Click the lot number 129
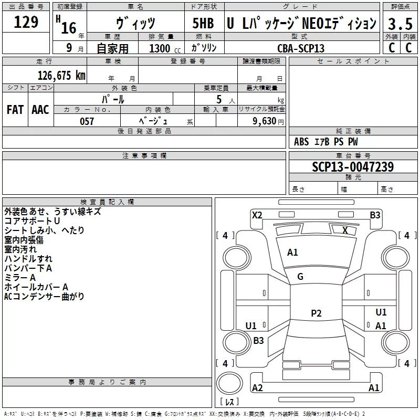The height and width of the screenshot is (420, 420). point(26,22)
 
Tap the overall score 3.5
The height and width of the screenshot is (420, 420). point(400,24)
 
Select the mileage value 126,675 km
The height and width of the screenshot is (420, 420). point(61,75)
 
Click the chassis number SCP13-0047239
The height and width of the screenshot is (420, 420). point(353,166)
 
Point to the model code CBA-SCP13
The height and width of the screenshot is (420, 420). point(301,48)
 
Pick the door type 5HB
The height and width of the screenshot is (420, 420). point(203,23)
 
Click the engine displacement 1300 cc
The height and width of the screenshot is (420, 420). point(165,48)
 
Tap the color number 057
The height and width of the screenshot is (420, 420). point(87,121)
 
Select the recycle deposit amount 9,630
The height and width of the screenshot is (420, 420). point(265,121)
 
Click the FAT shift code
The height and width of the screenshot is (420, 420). point(15,110)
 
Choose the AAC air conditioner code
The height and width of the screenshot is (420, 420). point(40,110)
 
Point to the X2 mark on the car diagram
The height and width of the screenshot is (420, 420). point(257,215)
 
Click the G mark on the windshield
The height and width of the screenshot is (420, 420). point(300,277)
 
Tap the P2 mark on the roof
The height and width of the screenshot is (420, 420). point(316,313)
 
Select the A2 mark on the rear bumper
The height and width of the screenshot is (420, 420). point(257,387)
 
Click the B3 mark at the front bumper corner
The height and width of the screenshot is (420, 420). point(375,215)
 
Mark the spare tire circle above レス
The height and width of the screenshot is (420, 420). point(229,383)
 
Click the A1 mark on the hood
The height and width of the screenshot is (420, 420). point(292,253)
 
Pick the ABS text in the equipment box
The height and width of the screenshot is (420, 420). point(301,142)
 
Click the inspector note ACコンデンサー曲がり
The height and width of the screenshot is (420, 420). point(44,297)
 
